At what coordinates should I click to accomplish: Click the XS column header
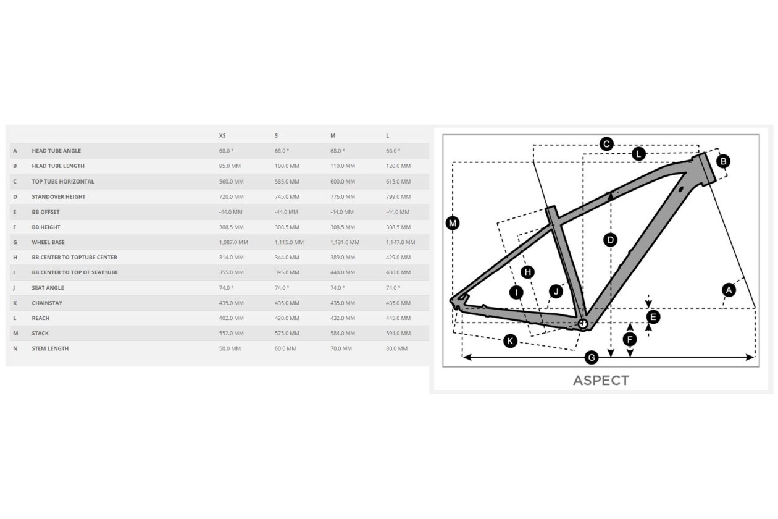point(222,135)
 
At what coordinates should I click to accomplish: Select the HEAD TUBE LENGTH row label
point(58,166)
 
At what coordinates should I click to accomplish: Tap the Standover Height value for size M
point(343,196)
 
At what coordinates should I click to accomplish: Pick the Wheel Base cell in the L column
point(401,242)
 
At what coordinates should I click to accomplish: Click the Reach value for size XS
point(231,318)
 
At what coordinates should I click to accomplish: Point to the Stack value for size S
point(287,334)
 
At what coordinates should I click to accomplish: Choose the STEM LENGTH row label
point(50,348)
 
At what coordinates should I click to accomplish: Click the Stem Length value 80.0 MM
point(396,348)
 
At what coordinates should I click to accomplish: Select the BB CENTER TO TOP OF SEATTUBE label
point(75,272)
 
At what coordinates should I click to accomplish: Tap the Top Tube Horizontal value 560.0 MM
point(231,182)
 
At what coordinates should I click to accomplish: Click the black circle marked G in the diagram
point(591,357)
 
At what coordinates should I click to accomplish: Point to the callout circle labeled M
point(453,223)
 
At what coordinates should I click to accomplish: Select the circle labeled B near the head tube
point(723,161)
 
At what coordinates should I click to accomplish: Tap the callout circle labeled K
point(510,341)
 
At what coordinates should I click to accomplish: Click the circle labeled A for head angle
point(729,290)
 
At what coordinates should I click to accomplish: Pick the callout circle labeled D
point(610,240)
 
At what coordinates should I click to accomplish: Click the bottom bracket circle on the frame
point(582,324)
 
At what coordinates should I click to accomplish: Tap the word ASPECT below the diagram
point(601,381)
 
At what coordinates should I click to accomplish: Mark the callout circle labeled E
point(653,317)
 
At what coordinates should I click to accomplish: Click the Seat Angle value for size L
point(393,288)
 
